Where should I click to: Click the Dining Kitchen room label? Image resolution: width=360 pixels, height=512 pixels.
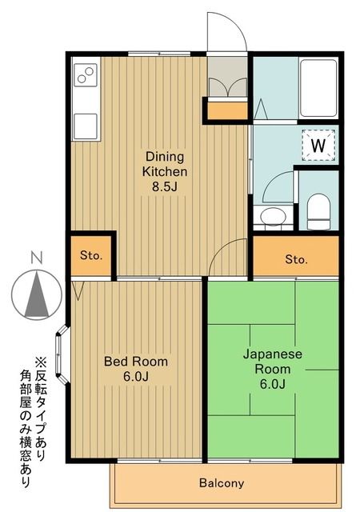pyautogui.click(x=165, y=164)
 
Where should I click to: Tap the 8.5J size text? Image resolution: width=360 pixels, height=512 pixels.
pyautogui.click(x=165, y=187)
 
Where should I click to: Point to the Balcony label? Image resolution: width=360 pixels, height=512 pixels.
pyautogui.click(x=222, y=483)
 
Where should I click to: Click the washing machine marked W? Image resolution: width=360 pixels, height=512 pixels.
pyautogui.click(x=318, y=146)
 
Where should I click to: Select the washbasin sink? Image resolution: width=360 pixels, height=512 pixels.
pyautogui.click(x=273, y=216)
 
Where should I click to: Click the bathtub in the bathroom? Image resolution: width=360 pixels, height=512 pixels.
pyautogui.click(x=318, y=86)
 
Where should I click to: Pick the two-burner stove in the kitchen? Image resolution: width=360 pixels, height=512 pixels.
pyautogui.click(x=85, y=78)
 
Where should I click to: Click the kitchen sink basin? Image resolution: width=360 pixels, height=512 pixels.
pyautogui.click(x=85, y=126)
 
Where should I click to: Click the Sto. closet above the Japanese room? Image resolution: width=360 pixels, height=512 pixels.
pyautogui.click(x=296, y=259)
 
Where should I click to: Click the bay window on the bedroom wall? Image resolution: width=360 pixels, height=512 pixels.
pyautogui.click(x=65, y=352)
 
